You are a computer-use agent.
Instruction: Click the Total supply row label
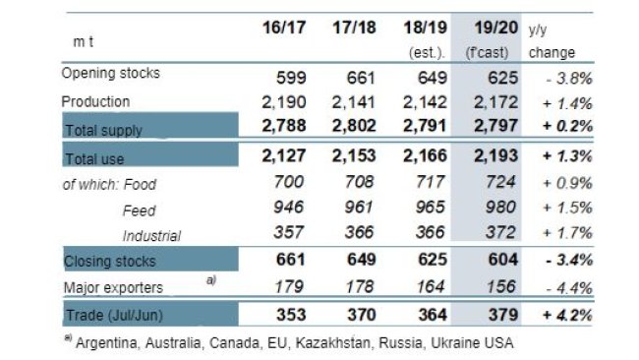point(105,129)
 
